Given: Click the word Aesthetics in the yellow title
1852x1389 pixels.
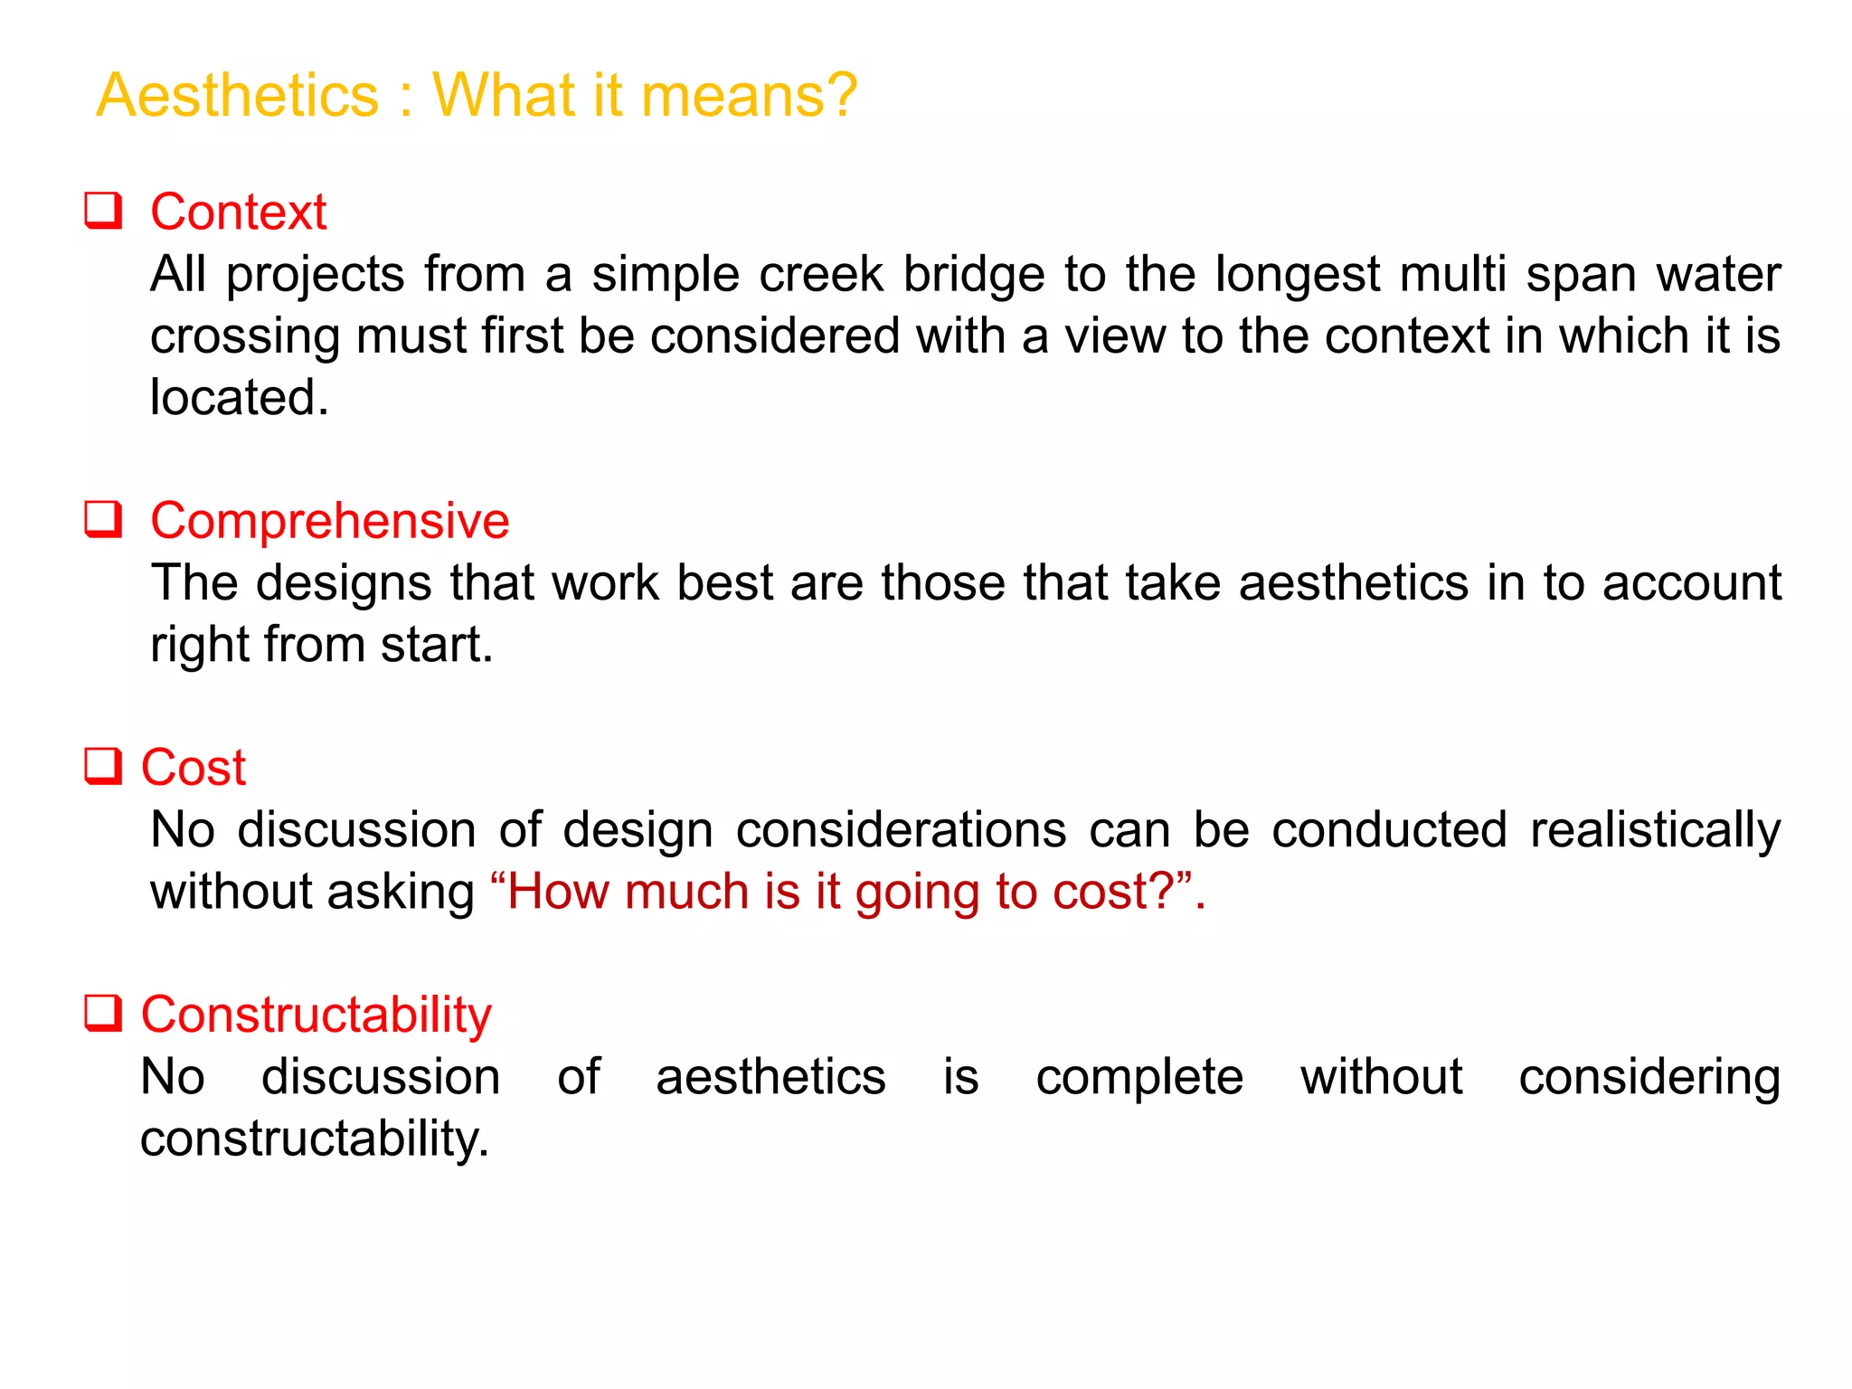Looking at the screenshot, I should (x=238, y=95).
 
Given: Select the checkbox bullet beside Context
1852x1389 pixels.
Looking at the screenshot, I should (x=104, y=211).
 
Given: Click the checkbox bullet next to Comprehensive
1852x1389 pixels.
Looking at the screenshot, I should (x=104, y=520).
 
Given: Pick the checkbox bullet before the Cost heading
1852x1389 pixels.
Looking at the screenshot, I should (x=104, y=767).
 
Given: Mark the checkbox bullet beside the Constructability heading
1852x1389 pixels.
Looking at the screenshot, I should (x=104, y=1014).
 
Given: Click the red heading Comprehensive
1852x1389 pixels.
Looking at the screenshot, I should (x=330, y=522).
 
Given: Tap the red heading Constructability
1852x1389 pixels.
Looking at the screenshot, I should (x=317, y=1016).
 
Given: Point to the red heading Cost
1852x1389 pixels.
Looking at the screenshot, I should (x=194, y=769).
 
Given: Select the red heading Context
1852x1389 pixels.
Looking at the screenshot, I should (x=238, y=213).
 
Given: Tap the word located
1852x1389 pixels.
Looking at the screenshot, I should (x=240, y=398).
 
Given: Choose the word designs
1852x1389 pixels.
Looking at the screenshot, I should (x=344, y=584).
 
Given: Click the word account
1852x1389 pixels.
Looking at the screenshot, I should (x=1691, y=583).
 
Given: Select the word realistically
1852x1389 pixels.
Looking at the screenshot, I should (x=1655, y=831).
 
